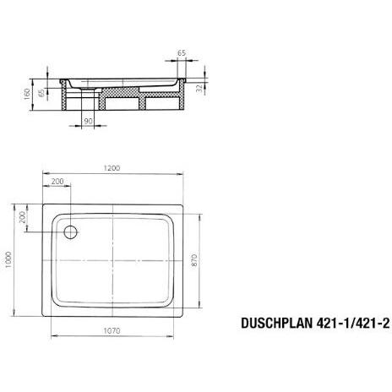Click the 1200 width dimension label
112,168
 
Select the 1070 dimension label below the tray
112,330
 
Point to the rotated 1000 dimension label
8,259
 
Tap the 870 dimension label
194,260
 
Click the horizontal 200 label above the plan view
57,182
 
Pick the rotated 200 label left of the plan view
22,217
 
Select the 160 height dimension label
27,95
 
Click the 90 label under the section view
88,121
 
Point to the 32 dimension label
199,89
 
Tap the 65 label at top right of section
182,53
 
